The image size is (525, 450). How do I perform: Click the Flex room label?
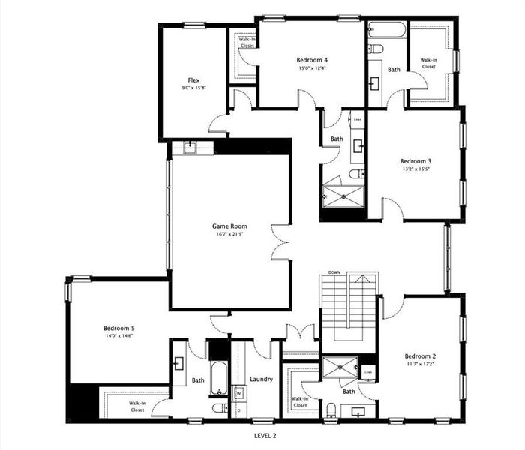click(193, 80)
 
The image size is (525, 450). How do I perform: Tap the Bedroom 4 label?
click(311, 60)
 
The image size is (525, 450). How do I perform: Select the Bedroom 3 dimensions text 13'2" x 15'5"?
click(415, 169)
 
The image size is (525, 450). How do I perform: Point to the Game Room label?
click(229, 226)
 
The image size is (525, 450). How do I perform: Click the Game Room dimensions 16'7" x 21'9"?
click(229, 234)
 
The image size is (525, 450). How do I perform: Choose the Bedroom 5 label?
click(118, 328)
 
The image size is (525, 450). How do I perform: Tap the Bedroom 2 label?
click(420, 356)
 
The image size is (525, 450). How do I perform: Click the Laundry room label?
click(261, 379)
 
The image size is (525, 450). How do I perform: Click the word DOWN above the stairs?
click(334, 272)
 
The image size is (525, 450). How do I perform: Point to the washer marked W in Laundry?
click(238, 391)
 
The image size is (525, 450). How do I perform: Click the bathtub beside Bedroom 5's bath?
click(217, 379)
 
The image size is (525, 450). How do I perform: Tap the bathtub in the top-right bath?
click(387, 31)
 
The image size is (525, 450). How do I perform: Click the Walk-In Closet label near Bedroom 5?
click(137, 406)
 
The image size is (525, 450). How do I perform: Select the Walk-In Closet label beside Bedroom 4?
click(247, 42)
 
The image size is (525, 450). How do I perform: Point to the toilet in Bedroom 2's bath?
click(331, 409)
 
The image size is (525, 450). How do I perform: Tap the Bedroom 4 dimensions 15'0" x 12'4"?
click(311, 68)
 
